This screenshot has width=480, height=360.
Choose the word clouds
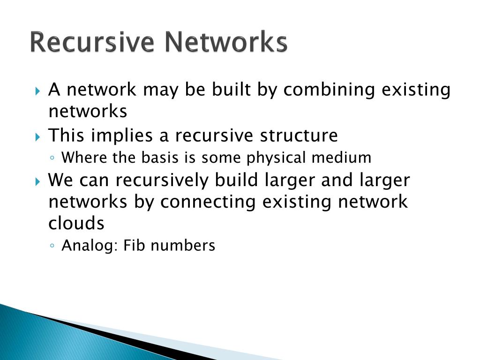[x=76, y=224]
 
